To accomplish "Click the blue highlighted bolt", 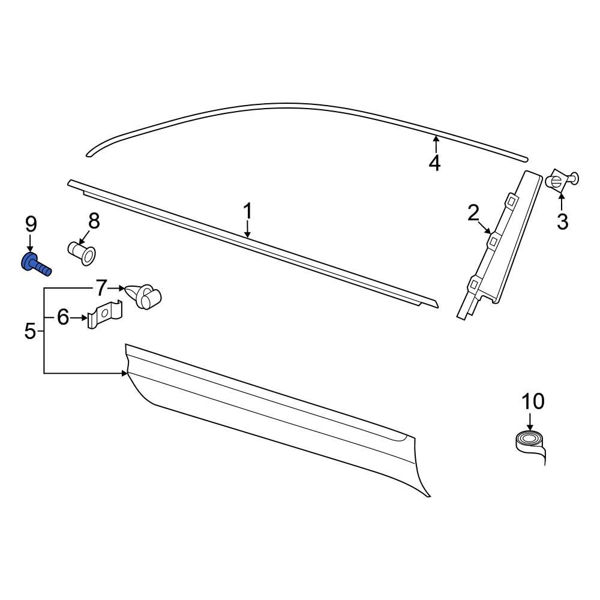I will (x=35, y=265).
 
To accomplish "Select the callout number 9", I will (x=31, y=225).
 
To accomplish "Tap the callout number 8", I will (x=94, y=221).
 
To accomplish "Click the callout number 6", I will (x=64, y=317).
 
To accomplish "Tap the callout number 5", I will (x=31, y=331).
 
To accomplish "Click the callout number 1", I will (x=247, y=212).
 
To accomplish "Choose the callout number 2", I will (x=473, y=212).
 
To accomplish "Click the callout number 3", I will (x=562, y=222).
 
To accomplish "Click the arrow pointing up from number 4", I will (x=436, y=144).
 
